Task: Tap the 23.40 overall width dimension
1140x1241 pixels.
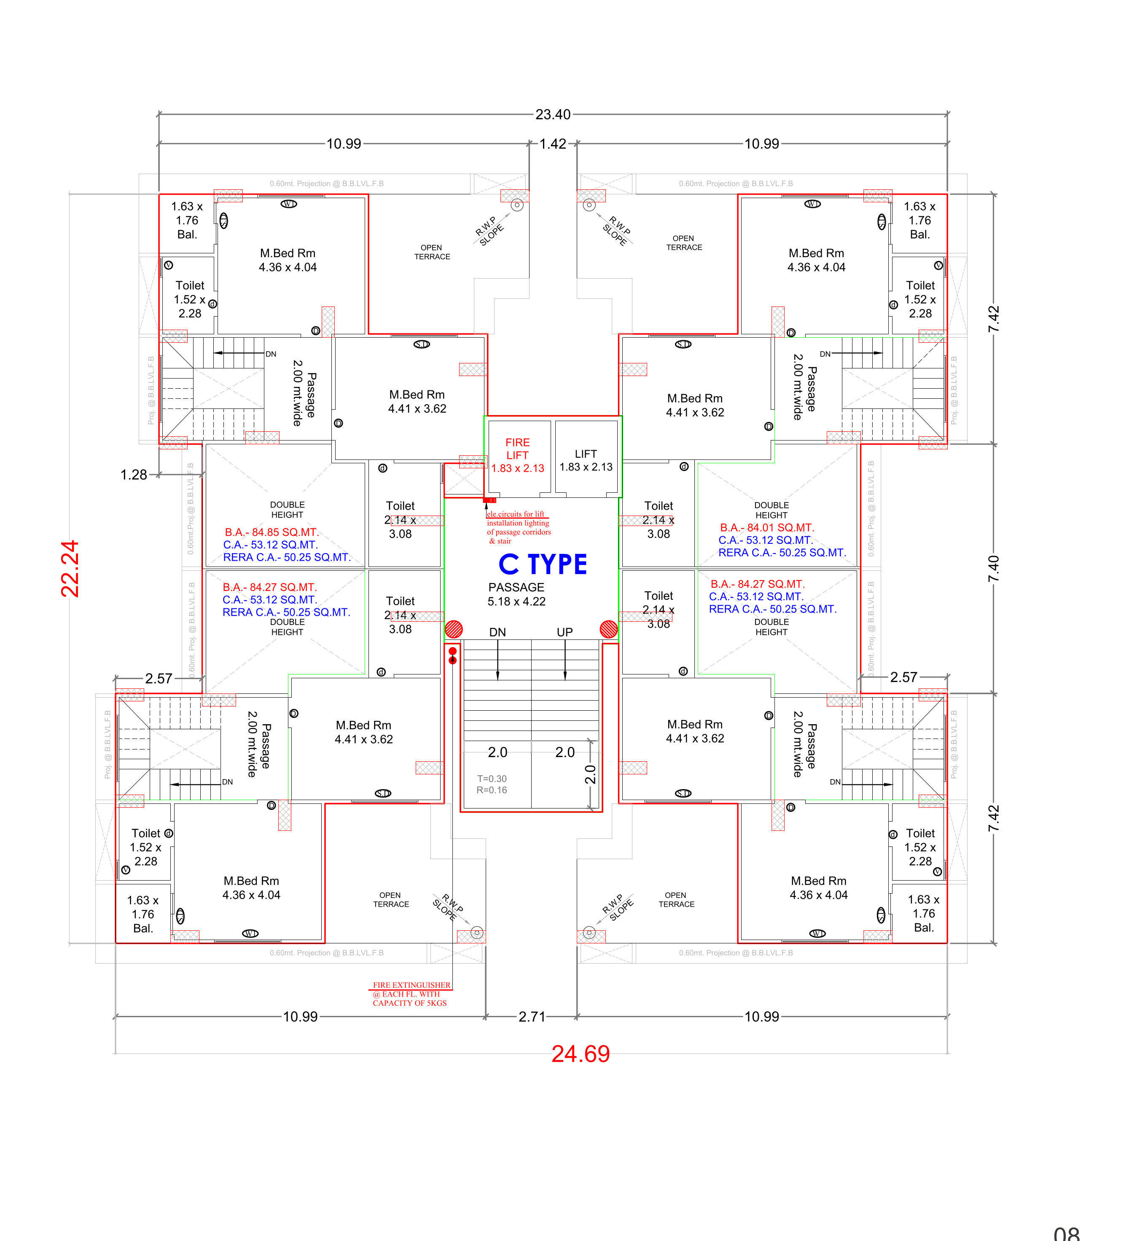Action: click(x=553, y=115)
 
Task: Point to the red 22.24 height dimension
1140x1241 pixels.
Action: click(x=70, y=568)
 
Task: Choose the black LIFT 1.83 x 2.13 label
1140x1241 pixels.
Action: click(x=586, y=461)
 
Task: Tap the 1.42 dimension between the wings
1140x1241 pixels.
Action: click(x=553, y=144)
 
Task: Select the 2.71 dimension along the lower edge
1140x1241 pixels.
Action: click(x=531, y=1016)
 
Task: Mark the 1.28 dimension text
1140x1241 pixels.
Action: click(x=134, y=475)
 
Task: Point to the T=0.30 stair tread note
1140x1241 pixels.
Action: click(x=492, y=779)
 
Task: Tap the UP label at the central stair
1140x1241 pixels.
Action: click(x=565, y=632)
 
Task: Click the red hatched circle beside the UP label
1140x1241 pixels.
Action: click(x=608, y=629)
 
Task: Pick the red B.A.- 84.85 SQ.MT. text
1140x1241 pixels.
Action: click(x=272, y=532)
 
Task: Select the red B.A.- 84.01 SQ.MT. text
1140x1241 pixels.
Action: click(x=767, y=528)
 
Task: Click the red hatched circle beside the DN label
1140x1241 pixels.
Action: click(x=454, y=629)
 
